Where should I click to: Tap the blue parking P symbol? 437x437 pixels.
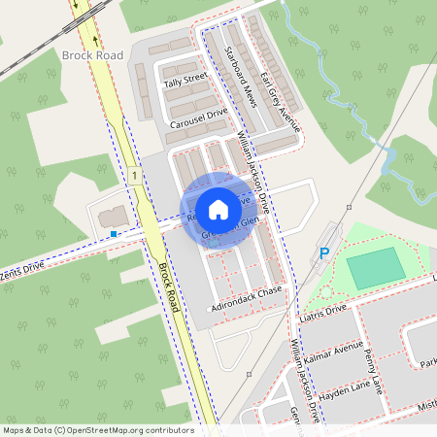324,253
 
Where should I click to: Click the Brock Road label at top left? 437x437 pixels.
92,55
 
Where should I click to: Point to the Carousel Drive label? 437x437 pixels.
197,118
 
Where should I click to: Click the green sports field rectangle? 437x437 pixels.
375,268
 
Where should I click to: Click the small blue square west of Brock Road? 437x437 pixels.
114,234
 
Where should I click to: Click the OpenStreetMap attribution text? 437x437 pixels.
97,429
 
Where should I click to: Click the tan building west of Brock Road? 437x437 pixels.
113,214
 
